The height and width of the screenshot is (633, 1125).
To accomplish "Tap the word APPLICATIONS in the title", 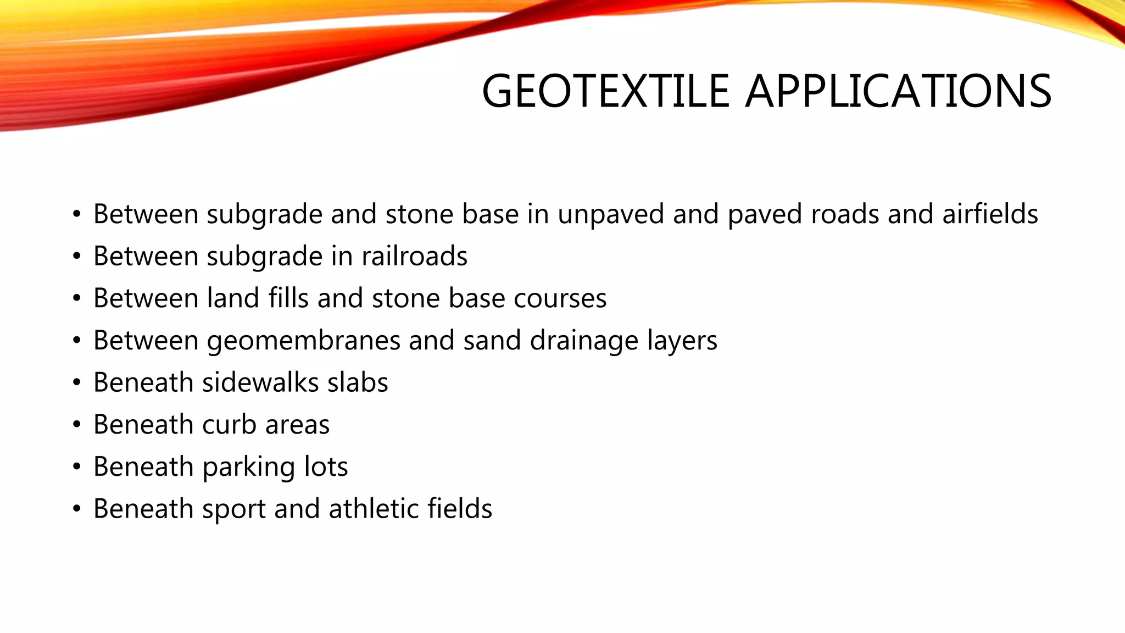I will pyautogui.click(x=898, y=91).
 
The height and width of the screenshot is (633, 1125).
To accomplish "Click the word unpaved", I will pyautogui.click(x=611, y=215).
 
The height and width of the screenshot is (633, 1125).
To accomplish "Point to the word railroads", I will pyautogui.click(x=414, y=256).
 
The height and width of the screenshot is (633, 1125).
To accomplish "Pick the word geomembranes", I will pyautogui.click(x=303, y=341).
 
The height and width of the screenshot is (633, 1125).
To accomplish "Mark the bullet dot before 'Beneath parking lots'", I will pyautogui.click(x=77, y=467).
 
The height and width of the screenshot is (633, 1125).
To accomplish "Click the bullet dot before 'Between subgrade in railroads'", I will pyautogui.click(x=77, y=257).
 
